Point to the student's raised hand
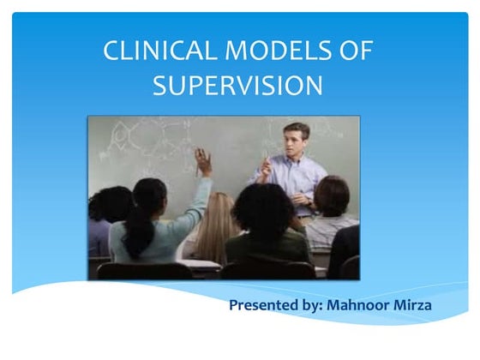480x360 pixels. coord(203,160)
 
